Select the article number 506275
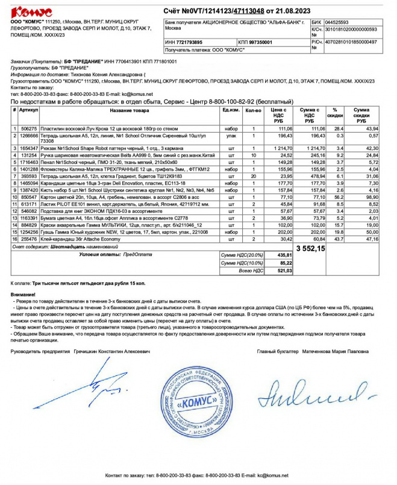coord(28,129)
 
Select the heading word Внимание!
coord(23,293)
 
